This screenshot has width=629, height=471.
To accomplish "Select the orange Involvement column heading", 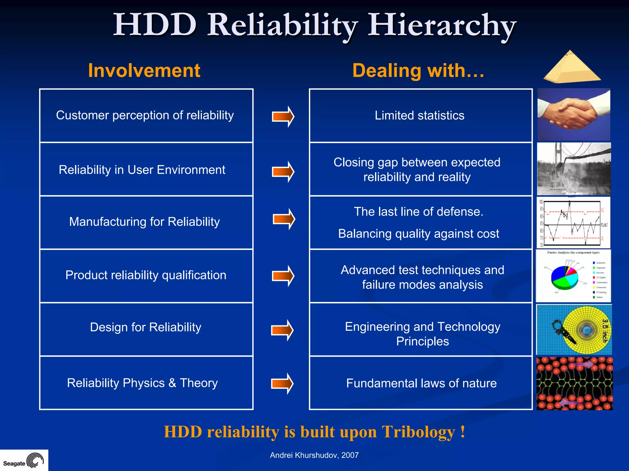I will pyautogui.click(x=144, y=71).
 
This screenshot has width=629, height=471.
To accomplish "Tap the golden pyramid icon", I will pyautogui.click(x=572, y=67).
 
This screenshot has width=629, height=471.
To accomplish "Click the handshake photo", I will pyautogui.click(x=573, y=115).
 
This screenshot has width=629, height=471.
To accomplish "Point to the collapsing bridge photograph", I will pyautogui.click(x=574, y=169).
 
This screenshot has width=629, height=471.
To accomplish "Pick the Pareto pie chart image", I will pyautogui.click(x=573, y=275).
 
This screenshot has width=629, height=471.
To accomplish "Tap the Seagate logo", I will pyautogui.click(x=24, y=461).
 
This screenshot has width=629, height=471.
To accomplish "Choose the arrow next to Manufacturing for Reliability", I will pyautogui.click(x=284, y=219).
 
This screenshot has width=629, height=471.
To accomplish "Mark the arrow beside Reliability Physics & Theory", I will pyautogui.click(x=282, y=383).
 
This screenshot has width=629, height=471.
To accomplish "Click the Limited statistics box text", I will pyautogui.click(x=419, y=116).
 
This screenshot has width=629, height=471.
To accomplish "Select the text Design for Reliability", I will pyautogui.click(x=146, y=327).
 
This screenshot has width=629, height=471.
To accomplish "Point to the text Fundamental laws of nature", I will pyautogui.click(x=421, y=383).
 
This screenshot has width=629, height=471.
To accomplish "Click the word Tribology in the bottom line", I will pyautogui.click(x=418, y=432).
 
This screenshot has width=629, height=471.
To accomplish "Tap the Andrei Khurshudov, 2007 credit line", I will pyautogui.click(x=314, y=455).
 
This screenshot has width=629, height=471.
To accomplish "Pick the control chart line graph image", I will pyautogui.click(x=573, y=223).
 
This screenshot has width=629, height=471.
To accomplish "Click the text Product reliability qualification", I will pyautogui.click(x=146, y=275).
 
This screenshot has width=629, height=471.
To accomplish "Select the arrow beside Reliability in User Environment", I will pyautogui.click(x=283, y=172).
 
